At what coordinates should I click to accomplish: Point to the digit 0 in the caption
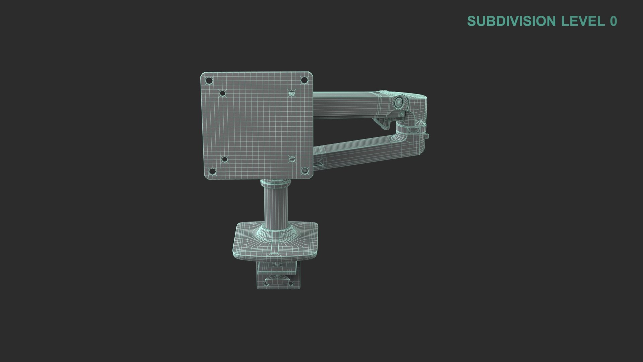(613, 21)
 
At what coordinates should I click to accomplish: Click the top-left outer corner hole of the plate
(209, 81)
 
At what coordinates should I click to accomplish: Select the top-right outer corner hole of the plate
(304, 80)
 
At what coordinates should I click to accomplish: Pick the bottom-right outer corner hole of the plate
(304, 171)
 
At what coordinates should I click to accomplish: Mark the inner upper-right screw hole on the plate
(291, 93)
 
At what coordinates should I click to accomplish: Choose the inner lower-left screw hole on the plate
(225, 160)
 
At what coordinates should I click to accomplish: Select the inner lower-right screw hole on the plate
(292, 159)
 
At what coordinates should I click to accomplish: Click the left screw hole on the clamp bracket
(266, 284)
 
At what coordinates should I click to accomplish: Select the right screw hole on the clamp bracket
(290, 284)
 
